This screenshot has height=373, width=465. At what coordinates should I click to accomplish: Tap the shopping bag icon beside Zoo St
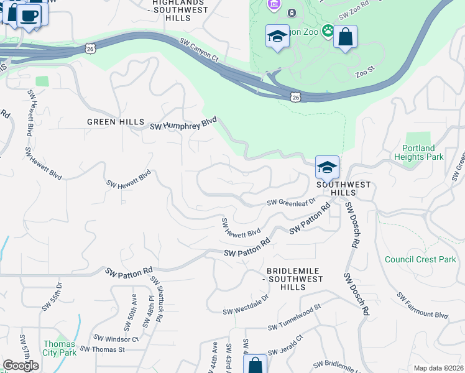[345, 37]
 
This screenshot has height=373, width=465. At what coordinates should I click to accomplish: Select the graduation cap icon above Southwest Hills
[327, 167]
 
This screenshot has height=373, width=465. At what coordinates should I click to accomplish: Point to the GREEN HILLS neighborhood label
[116, 122]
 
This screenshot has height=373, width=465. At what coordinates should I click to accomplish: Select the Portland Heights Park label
[419, 152]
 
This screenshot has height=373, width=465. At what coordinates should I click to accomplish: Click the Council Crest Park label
[420, 259]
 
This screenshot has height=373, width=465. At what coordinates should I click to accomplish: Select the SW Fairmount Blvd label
[423, 306]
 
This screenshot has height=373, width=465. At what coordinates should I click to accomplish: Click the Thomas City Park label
[59, 348]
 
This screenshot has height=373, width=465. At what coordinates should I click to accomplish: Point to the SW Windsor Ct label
[116, 339]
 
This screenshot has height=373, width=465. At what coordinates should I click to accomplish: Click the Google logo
[21, 366]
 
